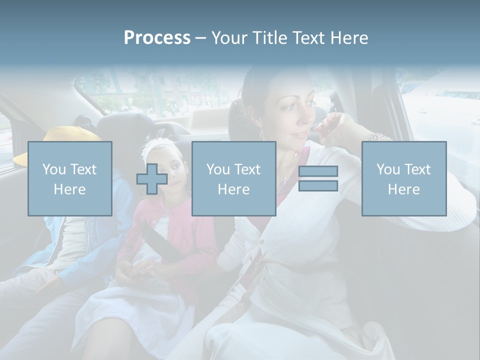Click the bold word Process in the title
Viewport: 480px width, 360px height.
pyautogui.click(x=157, y=38)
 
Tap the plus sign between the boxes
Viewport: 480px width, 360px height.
pyautogui.click(x=152, y=179)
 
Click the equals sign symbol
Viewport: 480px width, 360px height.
pyautogui.click(x=318, y=178)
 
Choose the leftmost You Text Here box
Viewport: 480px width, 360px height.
pyautogui.click(x=69, y=178)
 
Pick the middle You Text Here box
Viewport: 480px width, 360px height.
pyautogui.click(x=233, y=178)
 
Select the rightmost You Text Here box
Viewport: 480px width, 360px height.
pyautogui.click(x=403, y=178)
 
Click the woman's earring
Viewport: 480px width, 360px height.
pyautogui.click(x=260, y=133)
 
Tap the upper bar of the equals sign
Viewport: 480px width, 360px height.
pyautogui.click(x=318, y=171)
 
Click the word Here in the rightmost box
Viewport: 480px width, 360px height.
pyautogui.click(x=403, y=189)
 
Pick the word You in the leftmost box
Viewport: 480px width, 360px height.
pyautogui.click(x=53, y=169)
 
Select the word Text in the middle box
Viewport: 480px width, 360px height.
pyautogui.click(x=247, y=169)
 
